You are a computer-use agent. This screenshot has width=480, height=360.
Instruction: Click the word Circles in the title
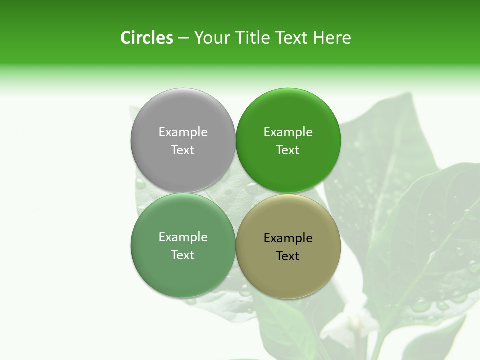tap(147, 38)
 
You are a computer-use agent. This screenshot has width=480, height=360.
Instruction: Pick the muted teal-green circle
tap(183, 272)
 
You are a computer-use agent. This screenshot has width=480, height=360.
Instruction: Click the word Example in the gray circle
tap(183, 132)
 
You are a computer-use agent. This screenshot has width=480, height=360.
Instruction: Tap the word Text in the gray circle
tap(183, 150)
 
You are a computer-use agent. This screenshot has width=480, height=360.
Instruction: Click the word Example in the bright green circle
tap(288, 132)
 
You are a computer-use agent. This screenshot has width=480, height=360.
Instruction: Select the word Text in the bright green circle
tap(288, 150)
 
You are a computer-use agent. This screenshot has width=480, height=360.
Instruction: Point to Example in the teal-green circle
tap(183, 237)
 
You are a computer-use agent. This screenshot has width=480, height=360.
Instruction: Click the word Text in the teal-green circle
tap(183, 255)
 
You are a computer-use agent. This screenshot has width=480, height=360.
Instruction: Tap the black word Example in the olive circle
tap(288, 238)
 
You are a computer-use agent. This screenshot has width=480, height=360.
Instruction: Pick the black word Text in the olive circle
tap(288, 256)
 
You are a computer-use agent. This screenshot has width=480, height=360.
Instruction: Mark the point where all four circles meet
tap(236, 193)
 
